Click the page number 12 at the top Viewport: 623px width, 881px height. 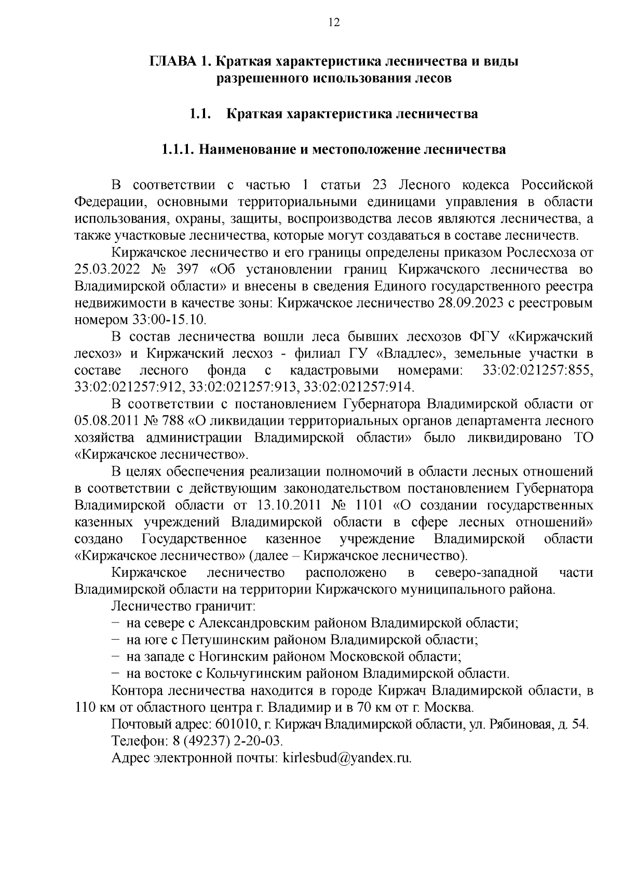coord(334,22)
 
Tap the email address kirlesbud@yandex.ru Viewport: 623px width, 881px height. coord(346,758)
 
